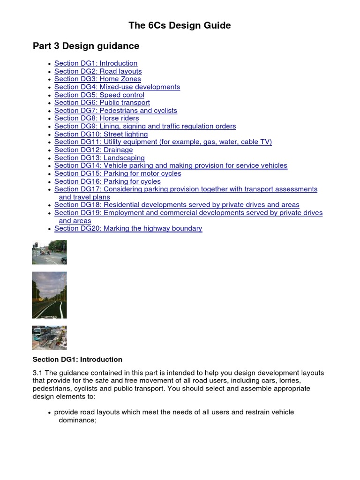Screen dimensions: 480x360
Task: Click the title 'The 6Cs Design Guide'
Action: [180, 25]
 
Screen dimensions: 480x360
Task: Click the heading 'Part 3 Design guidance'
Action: [86, 46]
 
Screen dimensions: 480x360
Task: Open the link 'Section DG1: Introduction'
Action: [96, 63]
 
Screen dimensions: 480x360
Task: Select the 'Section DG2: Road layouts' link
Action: [97, 71]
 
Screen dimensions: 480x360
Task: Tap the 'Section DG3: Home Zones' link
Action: [97, 79]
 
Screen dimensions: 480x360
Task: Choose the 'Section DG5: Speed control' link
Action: [99, 95]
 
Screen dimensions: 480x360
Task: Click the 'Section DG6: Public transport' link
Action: [102, 103]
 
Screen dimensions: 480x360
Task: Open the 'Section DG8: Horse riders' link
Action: [96, 119]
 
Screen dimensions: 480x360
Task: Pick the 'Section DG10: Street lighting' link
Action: [101, 135]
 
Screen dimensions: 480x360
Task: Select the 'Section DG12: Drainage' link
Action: [93, 150]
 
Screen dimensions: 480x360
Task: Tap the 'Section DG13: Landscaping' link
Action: [99, 158]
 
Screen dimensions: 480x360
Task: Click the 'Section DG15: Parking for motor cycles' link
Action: [117, 173]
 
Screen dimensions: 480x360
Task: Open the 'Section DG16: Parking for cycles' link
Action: [107, 181]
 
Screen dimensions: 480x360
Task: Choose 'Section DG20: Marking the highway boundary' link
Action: [128, 229]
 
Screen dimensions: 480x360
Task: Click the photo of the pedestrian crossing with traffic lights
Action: [49, 252]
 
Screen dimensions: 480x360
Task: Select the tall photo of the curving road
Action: [49, 295]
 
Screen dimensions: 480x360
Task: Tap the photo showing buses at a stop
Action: [49, 337]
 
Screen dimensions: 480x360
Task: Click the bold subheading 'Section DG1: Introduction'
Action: [77, 360]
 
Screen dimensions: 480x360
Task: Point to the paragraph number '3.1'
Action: [37, 373]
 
